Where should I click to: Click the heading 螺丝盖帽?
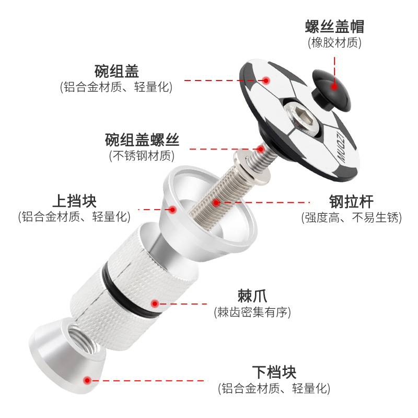[334, 26]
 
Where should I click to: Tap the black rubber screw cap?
[332, 90]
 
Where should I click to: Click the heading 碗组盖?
[117, 71]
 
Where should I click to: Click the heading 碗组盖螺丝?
[142, 140]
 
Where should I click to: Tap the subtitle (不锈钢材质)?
[142, 156]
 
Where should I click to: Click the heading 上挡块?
[74, 201]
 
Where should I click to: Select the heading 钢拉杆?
[351, 201]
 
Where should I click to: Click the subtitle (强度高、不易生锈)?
[351, 217]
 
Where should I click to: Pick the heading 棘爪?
[252, 296]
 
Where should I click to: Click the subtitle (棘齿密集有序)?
[252, 312]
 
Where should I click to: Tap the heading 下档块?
[274, 372]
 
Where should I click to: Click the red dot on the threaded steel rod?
[216, 203]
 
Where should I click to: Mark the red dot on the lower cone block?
[87, 380]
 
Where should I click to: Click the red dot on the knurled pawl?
[155, 304]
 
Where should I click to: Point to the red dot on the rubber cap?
[334, 86]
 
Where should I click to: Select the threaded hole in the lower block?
[83, 338]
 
